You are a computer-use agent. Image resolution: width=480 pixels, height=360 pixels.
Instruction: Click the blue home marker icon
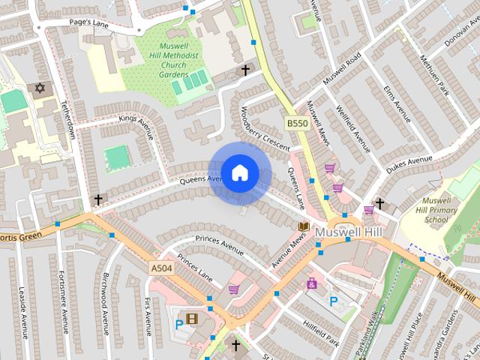point(240,173)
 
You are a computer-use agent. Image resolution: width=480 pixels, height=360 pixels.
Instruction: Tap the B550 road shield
point(296,122)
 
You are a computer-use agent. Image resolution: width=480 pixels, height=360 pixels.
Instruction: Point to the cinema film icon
point(193,320)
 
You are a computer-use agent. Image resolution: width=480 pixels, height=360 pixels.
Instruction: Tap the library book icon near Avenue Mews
point(304,226)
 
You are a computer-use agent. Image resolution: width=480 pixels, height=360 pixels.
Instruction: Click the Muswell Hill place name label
point(348,232)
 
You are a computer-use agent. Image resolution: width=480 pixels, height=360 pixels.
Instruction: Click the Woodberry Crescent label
point(262,130)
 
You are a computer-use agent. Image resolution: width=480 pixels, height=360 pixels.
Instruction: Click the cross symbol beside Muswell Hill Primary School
point(380,203)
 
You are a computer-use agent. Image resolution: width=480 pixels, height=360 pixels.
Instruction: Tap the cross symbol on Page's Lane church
point(244,70)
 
